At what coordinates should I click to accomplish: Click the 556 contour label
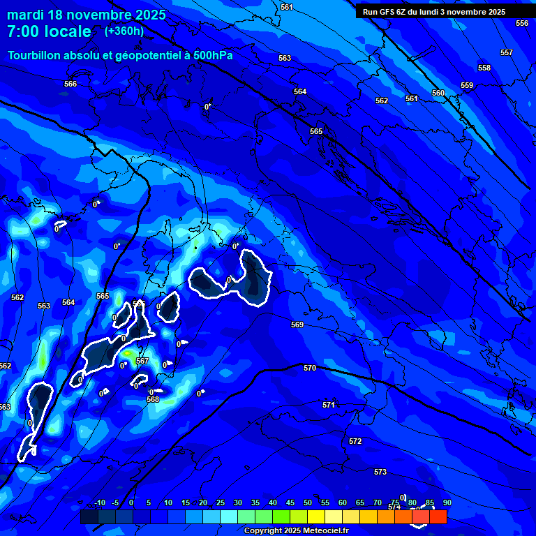point(522,23)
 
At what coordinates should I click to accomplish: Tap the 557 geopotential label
point(507,52)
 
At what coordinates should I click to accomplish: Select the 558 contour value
point(484,68)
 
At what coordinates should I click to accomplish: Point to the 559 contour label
point(467,85)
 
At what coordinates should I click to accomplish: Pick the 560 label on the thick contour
point(438,93)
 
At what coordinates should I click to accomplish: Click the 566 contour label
point(70,84)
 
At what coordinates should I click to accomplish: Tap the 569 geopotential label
point(297,325)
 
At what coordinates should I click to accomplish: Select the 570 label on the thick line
point(310,368)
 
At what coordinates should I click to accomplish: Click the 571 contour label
point(329,405)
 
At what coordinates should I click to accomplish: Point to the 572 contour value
point(355,441)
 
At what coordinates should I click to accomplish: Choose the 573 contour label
point(380,472)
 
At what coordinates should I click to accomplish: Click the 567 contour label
point(142,361)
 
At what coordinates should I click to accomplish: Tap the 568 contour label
point(153,399)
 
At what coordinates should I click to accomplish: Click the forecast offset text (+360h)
point(124,31)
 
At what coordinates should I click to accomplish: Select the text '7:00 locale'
point(49,31)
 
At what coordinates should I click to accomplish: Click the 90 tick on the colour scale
point(447,502)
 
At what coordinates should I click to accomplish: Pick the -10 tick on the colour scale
point(100,502)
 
